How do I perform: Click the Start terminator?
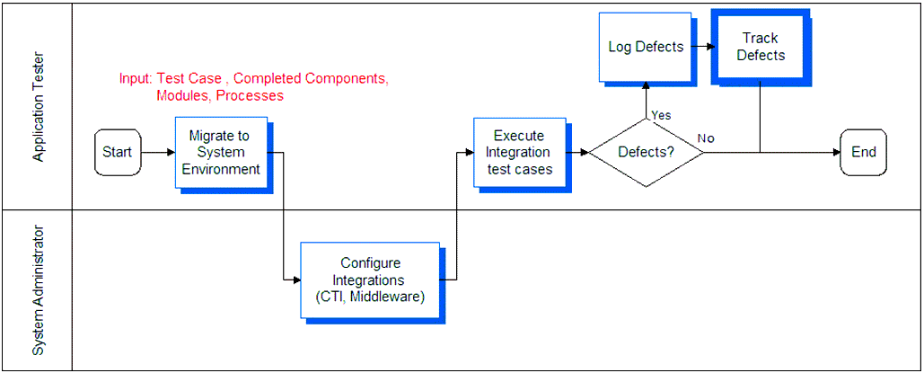pos(118,152)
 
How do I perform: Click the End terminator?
pos(863,152)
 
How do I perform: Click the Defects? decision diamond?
pos(646,152)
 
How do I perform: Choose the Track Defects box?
pos(761,46)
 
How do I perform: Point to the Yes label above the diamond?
pos(661,115)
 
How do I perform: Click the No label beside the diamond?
pos(706,138)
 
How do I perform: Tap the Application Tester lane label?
pos(40,107)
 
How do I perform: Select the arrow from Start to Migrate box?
pos(158,152)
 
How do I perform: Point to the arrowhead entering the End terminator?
pos(837,152)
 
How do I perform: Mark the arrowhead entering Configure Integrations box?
pos(297,280)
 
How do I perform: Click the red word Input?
pos(136,79)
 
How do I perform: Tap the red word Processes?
pos(251,95)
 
